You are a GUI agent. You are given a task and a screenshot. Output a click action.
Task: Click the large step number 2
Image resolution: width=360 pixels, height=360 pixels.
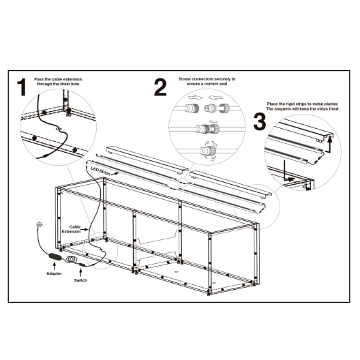coord(160,88)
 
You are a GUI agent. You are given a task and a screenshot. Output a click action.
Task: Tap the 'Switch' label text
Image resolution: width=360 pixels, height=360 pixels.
coord(80,280)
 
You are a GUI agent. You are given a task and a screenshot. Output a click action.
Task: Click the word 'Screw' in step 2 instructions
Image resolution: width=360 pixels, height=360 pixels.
coord(185,79)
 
